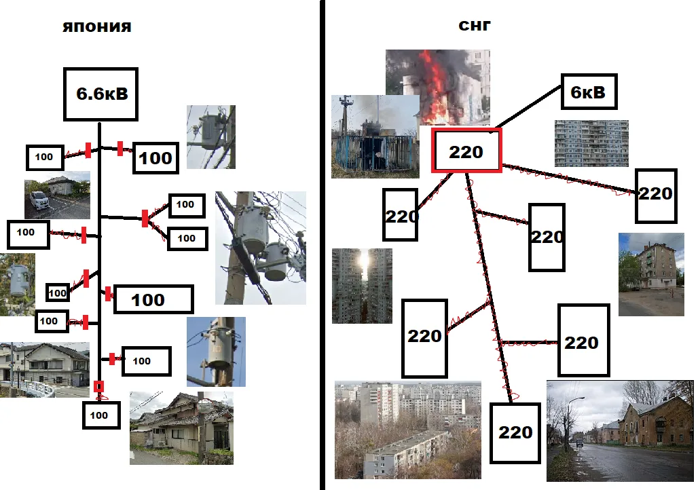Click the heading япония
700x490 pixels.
coord(97,26)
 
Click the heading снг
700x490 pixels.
coord(475,25)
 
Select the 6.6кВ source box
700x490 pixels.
coord(100,94)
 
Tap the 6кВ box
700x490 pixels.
coord(589,92)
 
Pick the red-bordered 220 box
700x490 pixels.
coord(466,151)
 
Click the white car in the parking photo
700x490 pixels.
coord(39,201)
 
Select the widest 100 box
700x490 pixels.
coord(153,299)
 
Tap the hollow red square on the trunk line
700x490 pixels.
coord(98,386)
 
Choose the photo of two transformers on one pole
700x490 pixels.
coord(261,248)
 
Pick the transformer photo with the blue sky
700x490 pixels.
coord(216,352)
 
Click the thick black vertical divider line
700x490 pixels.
coord(323,245)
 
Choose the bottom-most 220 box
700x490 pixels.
coord(515,433)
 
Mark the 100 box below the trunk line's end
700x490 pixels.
coord(101,415)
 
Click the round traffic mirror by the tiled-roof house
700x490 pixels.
coord(204,406)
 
